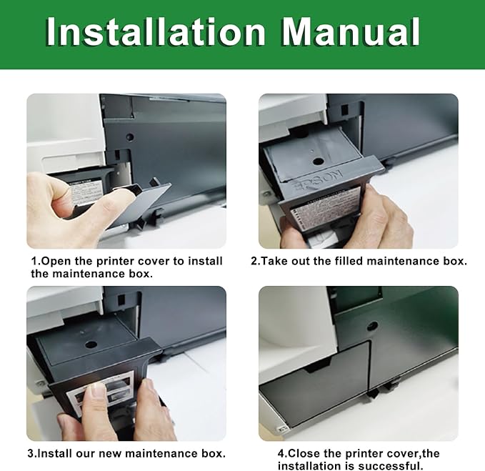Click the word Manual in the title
click(x=349, y=32)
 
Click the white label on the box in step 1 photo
click(x=86, y=193)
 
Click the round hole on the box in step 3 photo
click(x=91, y=344)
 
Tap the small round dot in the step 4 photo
click(x=372, y=326)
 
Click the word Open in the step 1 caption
click(x=57, y=261)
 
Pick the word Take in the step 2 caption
click(x=276, y=261)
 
